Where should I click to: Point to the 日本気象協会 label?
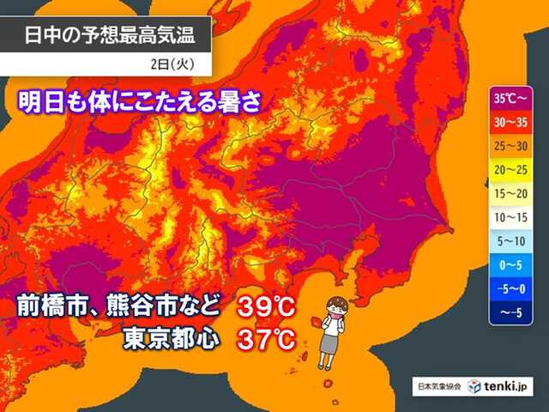point(438,387)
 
